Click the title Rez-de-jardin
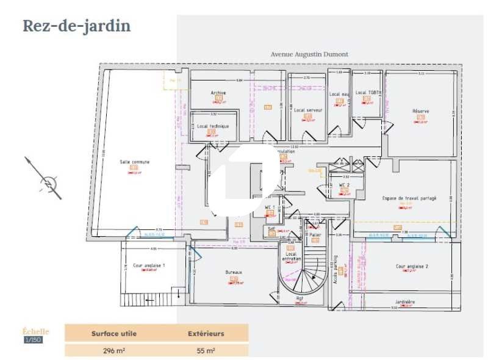77,26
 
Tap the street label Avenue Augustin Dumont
309,54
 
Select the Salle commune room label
134,162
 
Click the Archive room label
218,93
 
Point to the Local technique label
212,126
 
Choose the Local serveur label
308,110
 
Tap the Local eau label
339,94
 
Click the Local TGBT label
368,93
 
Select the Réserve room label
420,111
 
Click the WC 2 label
344,184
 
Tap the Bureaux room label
234,272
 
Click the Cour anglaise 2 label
412,266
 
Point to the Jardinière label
405,302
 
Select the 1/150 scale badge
33,340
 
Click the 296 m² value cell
113,350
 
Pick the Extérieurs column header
206,334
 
